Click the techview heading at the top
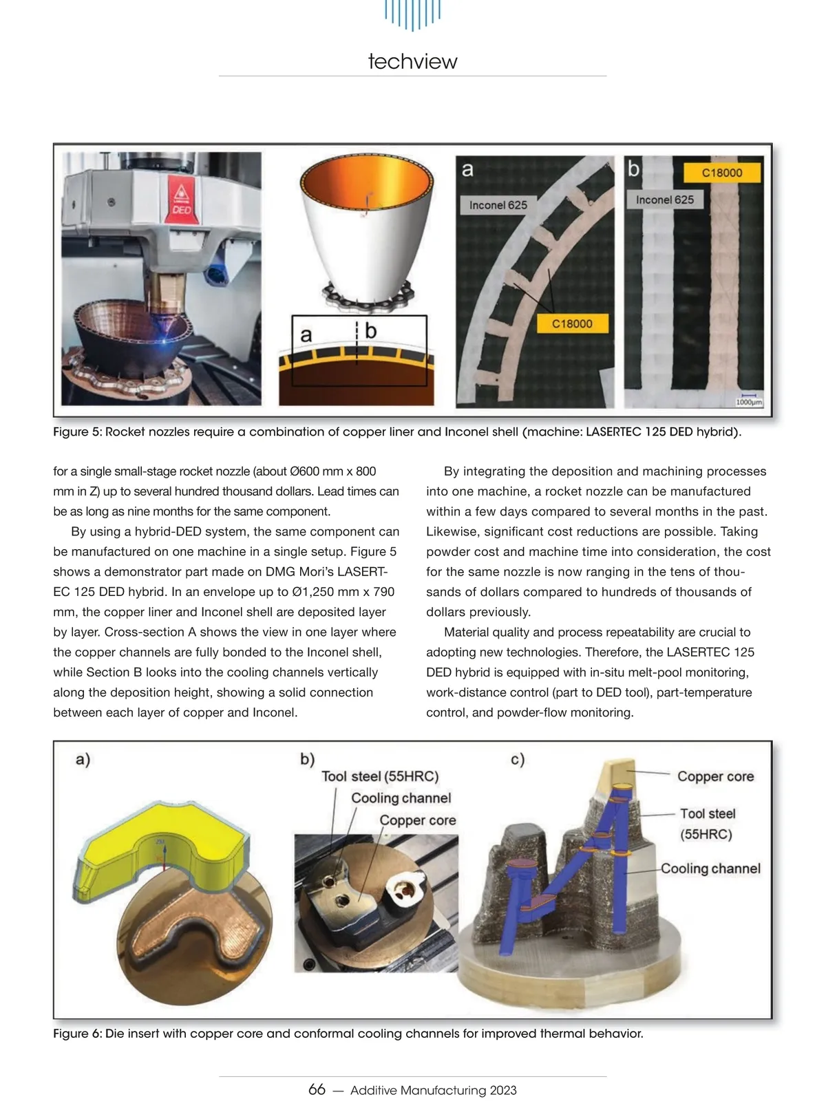coord(412,61)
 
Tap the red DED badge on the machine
coord(180,200)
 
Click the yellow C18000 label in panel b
coord(722,173)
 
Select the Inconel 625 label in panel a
coord(498,205)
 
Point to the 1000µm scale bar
coord(749,399)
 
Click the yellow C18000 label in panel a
coord(572,323)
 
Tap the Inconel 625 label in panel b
coord(664,200)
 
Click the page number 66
coord(317,1089)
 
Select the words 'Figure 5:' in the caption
coord(78,432)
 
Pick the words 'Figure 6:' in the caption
coord(78,1034)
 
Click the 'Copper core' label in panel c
coord(715,776)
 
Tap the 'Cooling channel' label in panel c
coord(710,868)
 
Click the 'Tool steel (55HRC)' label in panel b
coord(380,776)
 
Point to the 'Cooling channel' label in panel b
coord(401,798)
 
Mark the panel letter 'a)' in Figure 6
coord(83,759)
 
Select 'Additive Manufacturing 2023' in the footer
coord(433,1090)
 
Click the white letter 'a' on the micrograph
coord(467,169)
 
